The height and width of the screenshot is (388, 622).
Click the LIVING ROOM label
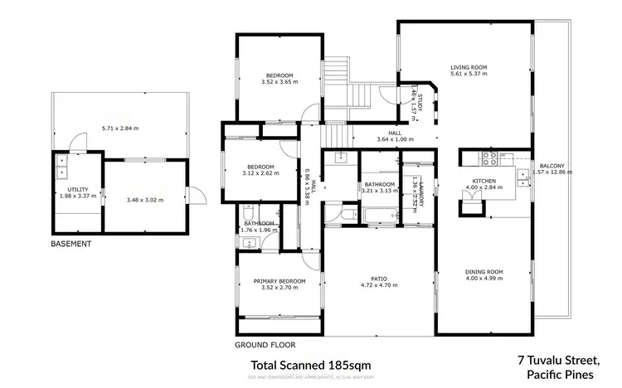(469, 67)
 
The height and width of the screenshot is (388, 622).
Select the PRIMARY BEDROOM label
(279, 281)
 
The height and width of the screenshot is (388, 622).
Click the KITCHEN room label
(484, 181)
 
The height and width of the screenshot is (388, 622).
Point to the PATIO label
(379, 279)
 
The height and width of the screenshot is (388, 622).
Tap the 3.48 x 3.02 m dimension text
(145, 200)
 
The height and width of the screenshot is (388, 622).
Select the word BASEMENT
(70, 245)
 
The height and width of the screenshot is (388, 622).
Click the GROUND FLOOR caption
(265, 343)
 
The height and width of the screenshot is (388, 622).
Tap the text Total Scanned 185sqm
(310, 365)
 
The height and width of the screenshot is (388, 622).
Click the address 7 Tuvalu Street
(556, 361)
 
